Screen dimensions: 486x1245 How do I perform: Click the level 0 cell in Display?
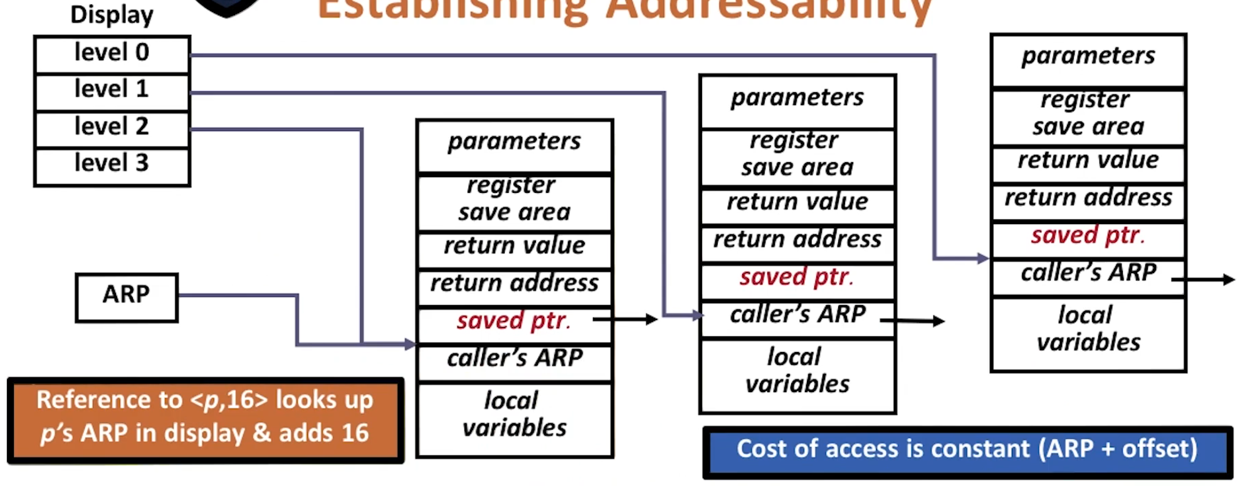pyautogui.click(x=112, y=53)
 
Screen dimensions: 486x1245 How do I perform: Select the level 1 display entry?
pyautogui.click(x=112, y=90)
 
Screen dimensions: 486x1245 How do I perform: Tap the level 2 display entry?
pyautogui.click(x=112, y=127)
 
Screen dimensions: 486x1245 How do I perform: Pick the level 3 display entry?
pyautogui.click(x=112, y=164)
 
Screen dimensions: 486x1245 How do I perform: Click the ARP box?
pyautogui.click(x=127, y=296)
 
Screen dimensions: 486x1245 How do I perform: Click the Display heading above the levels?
pyautogui.click(x=112, y=14)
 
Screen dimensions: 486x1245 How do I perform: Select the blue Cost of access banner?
pyautogui.click(x=967, y=450)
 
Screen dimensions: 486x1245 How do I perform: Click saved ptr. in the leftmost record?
pyautogui.click(x=513, y=321)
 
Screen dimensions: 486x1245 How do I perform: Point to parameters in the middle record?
pyautogui.click(x=797, y=98)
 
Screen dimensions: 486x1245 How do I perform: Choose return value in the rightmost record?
pyautogui.click(x=1088, y=161)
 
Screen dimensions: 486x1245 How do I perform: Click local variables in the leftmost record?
pyautogui.click(x=514, y=415)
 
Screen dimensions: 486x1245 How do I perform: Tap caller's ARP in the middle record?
pyautogui.click(x=797, y=315)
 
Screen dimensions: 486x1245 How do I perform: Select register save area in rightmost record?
pyautogui.click(x=1088, y=114)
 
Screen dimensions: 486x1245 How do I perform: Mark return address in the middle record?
pyautogui.click(x=797, y=240)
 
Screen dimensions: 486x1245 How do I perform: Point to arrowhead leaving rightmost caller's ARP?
pyautogui.click(x=1229, y=279)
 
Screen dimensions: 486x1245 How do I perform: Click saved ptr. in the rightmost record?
pyautogui.click(x=1088, y=236)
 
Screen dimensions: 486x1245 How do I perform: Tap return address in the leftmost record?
pyautogui.click(x=514, y=284)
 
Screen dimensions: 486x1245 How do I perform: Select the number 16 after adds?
pyautogui.click(x=355, y=433)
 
